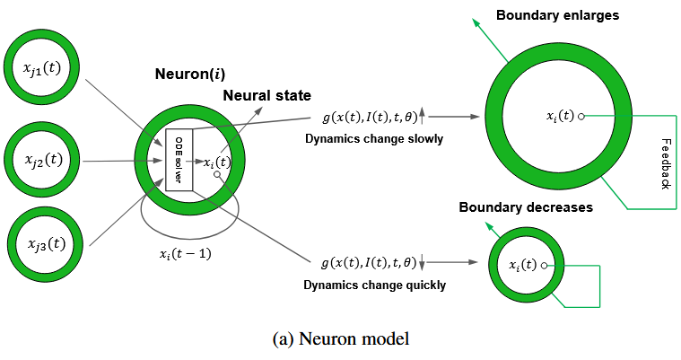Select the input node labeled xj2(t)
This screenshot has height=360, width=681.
tap(42, 161)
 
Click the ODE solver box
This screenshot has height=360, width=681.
tap(179, 158)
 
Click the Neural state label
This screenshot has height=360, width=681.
tap(267, 94)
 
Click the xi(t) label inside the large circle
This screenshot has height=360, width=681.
tap(561, 116)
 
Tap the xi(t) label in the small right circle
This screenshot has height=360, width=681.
tap(523, 265)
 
